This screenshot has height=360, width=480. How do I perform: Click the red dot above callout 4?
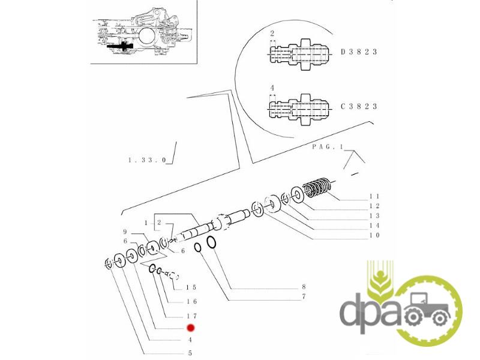[x=190, y=328]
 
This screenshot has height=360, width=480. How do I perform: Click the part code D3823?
[x=359, y=52]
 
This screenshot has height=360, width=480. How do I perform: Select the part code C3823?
[x=359, y=107]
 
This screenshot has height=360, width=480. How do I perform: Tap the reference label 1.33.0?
[x=147, y=160]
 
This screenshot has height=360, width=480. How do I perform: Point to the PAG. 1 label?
[x=328, y=147]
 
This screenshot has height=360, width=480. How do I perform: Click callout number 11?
[x=374, y=196]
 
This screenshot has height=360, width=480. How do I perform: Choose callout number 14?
[x=374, y=226]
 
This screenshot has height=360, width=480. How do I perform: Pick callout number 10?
[x=374, y=235]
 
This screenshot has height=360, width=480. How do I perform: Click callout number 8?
[x=304, y=287]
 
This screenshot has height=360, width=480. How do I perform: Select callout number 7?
[x=304, y=296]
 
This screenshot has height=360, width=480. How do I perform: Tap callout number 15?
[x=191, y=287]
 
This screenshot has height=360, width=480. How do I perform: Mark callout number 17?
[x=191, y=316]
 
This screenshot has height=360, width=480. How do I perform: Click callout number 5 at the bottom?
[x=190, y=353]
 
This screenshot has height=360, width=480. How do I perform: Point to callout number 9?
[x=125, y=232]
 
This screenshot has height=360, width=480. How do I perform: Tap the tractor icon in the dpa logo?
[x=427, y=308]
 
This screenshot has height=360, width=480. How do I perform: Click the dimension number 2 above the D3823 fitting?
[x=272, y=34]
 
